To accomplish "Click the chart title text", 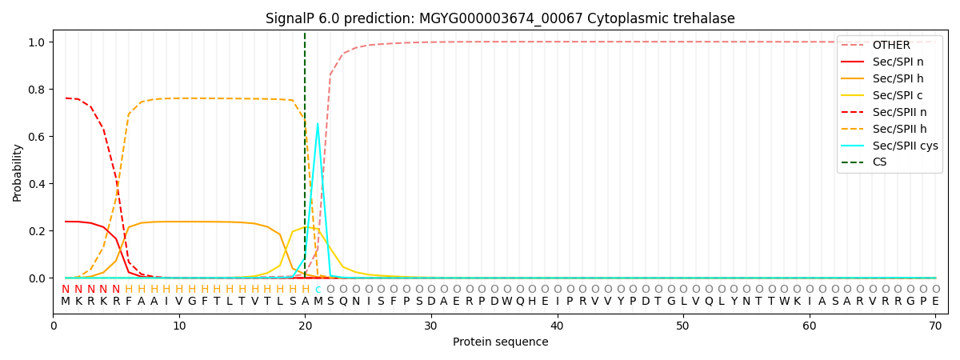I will (x=500, y=18).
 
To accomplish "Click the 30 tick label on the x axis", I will (x=430, y=326).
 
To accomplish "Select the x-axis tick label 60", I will (x=809, y=326).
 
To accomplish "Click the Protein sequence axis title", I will (x=500, y=342).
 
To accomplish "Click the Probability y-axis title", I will (x=18, y=172).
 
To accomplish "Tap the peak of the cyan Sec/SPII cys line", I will (x=318, y=123).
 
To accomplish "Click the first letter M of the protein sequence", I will (x=66, y=301).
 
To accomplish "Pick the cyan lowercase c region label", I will (x=318, y=289).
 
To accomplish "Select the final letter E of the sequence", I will (x=935, y=301).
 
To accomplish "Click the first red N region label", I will (x=66, y=289).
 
